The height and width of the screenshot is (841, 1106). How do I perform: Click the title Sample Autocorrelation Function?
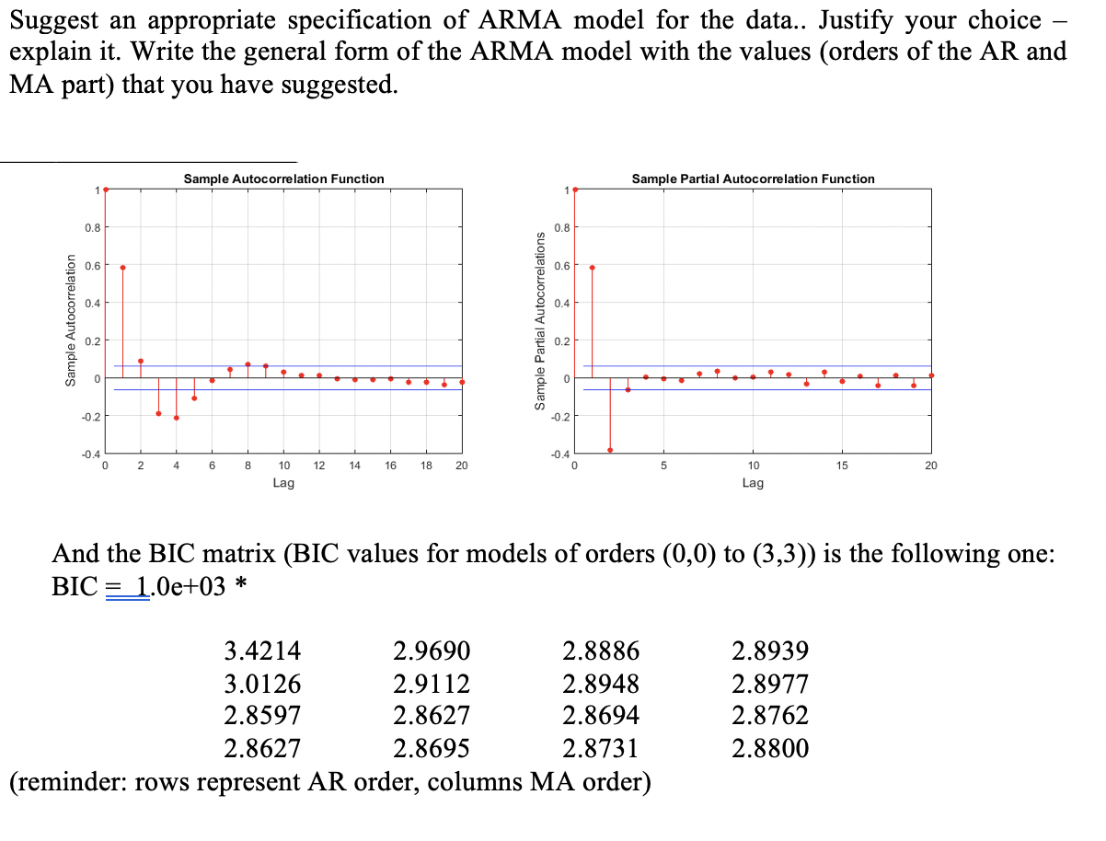(x=283, y=179)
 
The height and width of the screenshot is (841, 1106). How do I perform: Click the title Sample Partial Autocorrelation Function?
(x=753, y=179)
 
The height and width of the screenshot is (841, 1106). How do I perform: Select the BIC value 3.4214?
(x=262, y=652)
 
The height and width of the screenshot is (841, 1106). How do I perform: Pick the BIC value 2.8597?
(x=262, y=716)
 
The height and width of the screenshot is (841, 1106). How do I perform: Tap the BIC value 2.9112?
(x=432, y=685)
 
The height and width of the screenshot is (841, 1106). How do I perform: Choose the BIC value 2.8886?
(x=600, y=652)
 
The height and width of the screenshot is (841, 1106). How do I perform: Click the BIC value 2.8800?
(x=770, y=748)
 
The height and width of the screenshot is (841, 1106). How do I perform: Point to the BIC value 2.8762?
(x=770, y=716)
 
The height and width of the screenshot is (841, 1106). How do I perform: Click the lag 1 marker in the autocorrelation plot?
(x=122, y=267)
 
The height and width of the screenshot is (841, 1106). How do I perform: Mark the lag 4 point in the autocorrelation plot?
(x=176, y=418)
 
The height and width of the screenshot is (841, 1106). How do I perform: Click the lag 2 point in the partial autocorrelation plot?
(x=610, y=450)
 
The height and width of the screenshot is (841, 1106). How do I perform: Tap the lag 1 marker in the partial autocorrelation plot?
(x=592, y=267)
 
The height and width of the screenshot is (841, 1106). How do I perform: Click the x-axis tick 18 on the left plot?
(x=425, y=467)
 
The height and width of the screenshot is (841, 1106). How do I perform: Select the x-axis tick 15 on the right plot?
(x=842, y=467)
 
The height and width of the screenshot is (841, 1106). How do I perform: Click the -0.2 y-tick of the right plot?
(x=560, y=417)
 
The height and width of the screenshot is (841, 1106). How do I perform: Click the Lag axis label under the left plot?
(x=283, y=482)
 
